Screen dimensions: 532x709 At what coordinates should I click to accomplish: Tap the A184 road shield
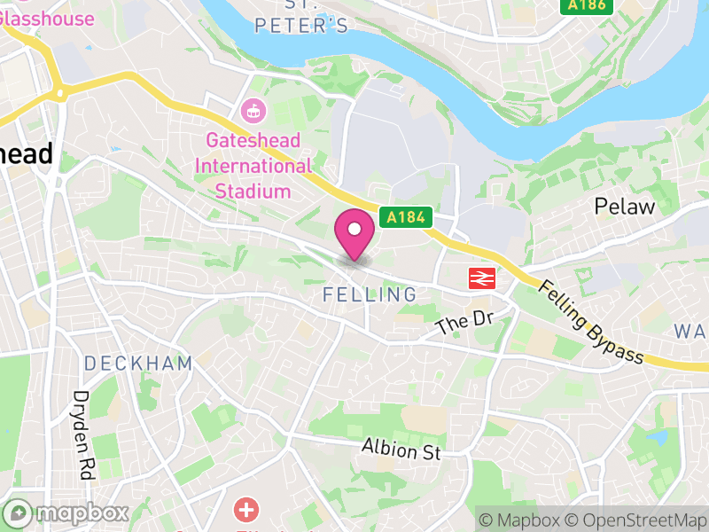pyautogui.click(x=406, y=216)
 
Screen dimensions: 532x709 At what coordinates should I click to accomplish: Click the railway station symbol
pyautogui.click(x=480, y=278)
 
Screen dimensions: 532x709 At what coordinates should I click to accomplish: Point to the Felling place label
pyautogui.click(x=370, y=294)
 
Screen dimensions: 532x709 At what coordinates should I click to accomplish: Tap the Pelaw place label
pyautogui.click(x=625, y=207)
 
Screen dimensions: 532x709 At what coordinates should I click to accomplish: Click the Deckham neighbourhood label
pyautogui.click(x=138, y=363)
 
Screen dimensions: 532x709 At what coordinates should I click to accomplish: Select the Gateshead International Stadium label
pyautogui.click(x=253, y=166)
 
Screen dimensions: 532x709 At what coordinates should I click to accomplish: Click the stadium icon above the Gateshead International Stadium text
pyautogui.click(x=253, y=112)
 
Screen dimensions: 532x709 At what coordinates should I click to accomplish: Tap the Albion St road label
pyautogui.click(x=401, y=450)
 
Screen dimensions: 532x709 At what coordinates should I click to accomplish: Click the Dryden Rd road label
pyautogui.click(x=83, y=435)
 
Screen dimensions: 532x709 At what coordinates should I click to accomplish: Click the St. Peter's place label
pyautogui.click(x=301, y=25)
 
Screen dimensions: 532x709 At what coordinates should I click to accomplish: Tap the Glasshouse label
pyautogui.click(x=49, y=19)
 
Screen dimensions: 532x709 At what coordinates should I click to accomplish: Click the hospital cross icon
pyautogui.click(x=245, y=511)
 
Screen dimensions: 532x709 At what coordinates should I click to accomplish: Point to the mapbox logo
pyautogui.click(x=67, y=512)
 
